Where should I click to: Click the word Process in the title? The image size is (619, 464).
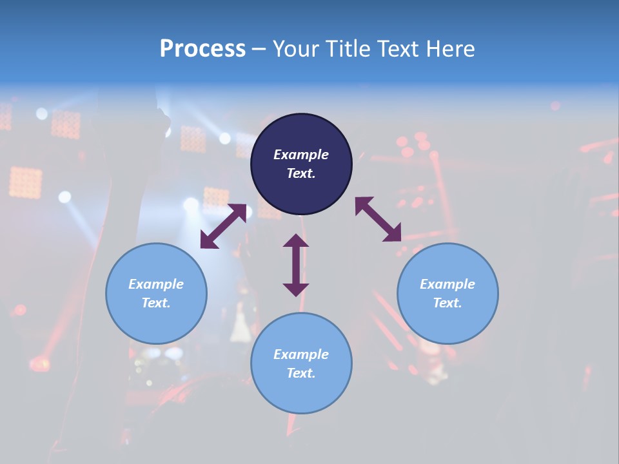click(202, 49)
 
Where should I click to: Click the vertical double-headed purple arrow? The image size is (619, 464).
click(296, 265)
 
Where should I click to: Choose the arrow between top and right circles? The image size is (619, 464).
click(378, 219)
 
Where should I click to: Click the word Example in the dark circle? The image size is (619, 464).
click(301, 155)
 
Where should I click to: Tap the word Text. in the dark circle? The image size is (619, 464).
click(301, 173)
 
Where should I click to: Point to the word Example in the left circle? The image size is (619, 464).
click(156, 284)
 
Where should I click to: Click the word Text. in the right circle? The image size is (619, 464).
click(447, 303)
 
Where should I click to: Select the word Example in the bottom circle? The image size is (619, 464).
click(301, 354)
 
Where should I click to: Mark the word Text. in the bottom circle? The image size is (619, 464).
click(301, 373)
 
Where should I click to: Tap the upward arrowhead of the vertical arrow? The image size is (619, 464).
click(296, 241)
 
